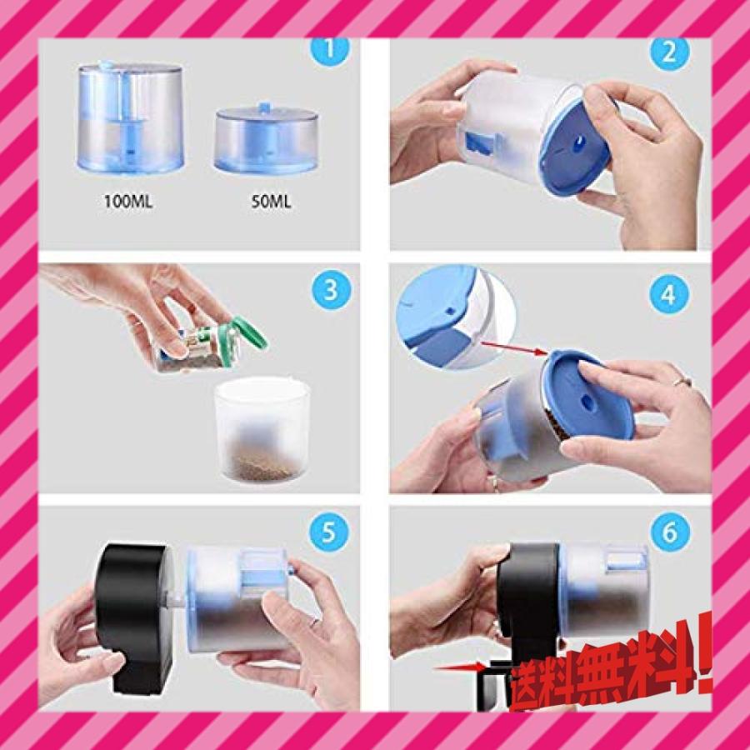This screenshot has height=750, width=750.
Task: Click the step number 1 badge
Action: click(330, 50)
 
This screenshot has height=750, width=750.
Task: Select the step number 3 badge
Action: click(331, 290)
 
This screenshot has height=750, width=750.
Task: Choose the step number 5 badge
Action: click(329, 532)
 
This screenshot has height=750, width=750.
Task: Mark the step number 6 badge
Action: click(670, 532)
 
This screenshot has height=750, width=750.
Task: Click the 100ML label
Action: click(128, 202)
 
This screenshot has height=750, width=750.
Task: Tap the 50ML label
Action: click(271, 202)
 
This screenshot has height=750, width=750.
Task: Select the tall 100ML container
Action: click(130, 117)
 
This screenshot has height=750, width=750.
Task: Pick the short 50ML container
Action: click(266, 138)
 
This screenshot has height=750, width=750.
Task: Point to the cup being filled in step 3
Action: click(262, 429)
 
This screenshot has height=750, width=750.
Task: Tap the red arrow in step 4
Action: click(514, 347)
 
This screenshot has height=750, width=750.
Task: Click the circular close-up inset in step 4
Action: click(457, 316)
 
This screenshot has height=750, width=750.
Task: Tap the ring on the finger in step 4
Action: click(682, 381)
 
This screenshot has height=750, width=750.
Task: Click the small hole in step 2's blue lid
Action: click(579, 141)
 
